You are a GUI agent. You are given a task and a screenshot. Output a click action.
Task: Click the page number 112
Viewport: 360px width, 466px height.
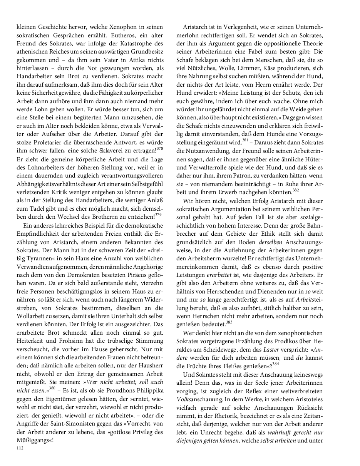[20, 448]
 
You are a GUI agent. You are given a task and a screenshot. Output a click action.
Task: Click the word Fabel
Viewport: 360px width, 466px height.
[270, 52]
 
